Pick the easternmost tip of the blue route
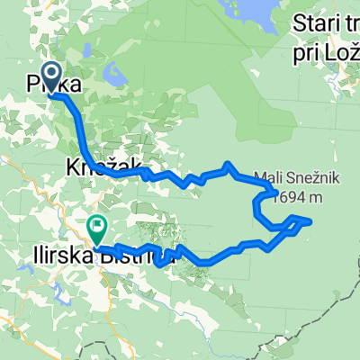pyautogui.click(x=311, y=220)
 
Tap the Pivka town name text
pyautogui.click(x=54, y=87)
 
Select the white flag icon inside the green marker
pyautogui.click(x=96, y=225)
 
